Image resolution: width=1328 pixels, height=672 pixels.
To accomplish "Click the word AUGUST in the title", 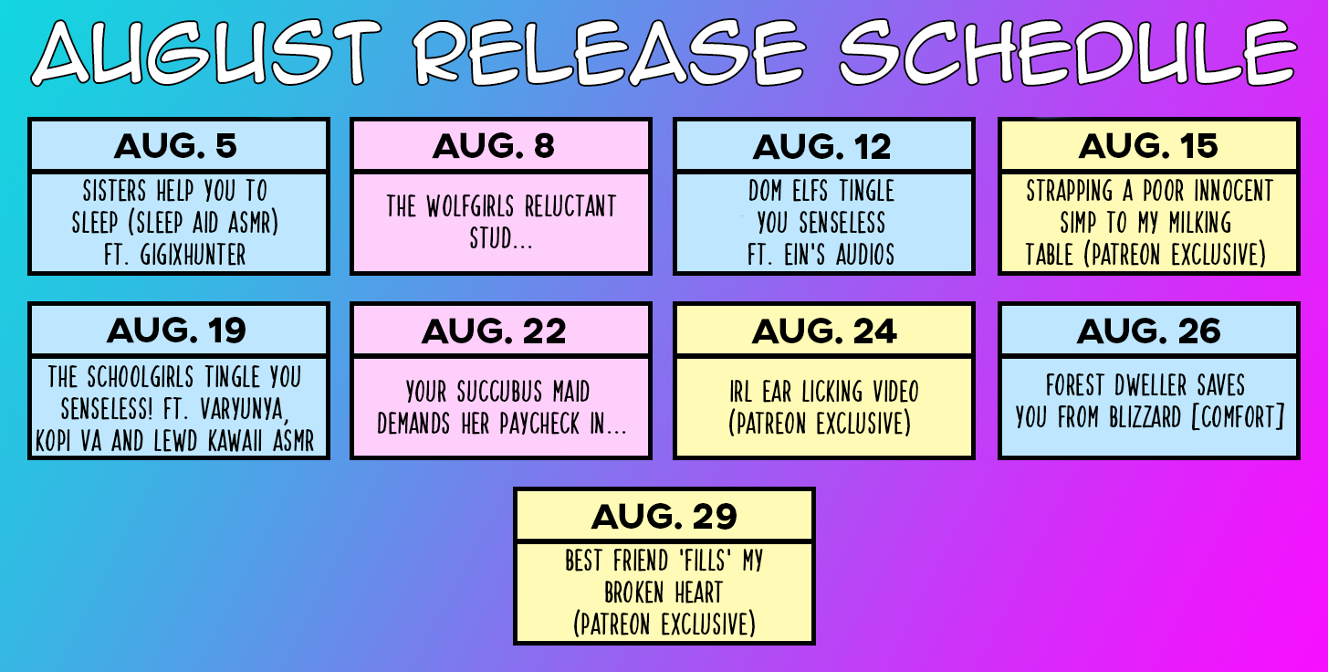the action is [x=205, y=52].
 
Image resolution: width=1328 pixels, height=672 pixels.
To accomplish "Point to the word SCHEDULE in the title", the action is [x=1068, y=52].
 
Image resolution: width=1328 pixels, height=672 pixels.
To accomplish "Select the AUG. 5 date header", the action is [x=175, y=146].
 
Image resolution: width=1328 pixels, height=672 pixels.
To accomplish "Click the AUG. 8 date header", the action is [x=493, y=146].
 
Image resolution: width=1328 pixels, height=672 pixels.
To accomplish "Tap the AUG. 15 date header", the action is [x=1148, y=146].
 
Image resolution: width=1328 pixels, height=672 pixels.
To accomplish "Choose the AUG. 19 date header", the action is [x=176, y=331].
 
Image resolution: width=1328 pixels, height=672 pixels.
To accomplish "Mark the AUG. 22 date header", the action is [x=494, y=331].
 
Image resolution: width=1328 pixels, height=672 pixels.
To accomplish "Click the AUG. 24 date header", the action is [x=824, y=331].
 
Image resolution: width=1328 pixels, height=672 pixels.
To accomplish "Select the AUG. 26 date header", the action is [x=1149, y=331].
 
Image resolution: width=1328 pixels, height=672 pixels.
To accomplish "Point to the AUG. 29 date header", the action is [x=664, y=516].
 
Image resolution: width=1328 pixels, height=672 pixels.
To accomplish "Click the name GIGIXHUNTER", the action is [x=193, y=255].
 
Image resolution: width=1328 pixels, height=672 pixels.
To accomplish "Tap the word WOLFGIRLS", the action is [x=470, y=206].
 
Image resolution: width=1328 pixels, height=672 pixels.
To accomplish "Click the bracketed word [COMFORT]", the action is [x=1238, y=417].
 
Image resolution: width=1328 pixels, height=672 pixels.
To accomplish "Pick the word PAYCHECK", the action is [x=539, y=424].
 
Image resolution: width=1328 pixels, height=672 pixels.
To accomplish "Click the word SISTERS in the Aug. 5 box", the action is [x=114, y=191].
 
